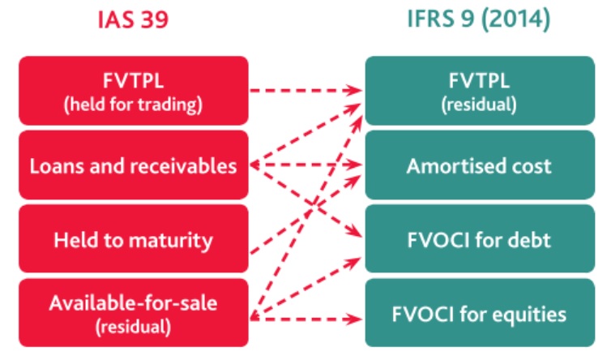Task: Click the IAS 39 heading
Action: pyautogui.click(x=133, y=19)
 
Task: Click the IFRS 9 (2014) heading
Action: pyautogui.click(x=479, y=19)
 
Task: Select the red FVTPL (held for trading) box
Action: pyautogui.click(x=134, y=91)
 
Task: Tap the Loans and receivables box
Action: pyautogui.click(x=134, y=165)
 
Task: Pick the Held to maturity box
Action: pyautogui.click(x=134, y=238)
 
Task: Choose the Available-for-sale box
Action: pyautogui.click(x=134, y=313)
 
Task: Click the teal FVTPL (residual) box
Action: pyautogui.click(x=480, y=91)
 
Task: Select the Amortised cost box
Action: pyautogui.click(x=480, y=165)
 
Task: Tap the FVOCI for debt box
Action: pyautogui.click(x=480, y=238)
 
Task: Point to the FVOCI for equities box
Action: pyautogui.click(x=480, y=313)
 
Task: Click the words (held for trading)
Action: pyautogui.click(x=133, y=105)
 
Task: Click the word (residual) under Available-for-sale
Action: pyautogui.click(x=133, y=327)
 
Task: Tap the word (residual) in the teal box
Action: pyautogui.click(x=479, y=105)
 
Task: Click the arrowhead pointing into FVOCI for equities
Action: pyautogui.click(x=353, y=319)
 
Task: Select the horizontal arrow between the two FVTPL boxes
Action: pyautogui.click(x=306, y=91)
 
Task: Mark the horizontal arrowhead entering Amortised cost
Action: pyautogui.click(x=353, y=165)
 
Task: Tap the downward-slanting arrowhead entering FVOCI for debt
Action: pyautogui.click(x=354, y=231)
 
